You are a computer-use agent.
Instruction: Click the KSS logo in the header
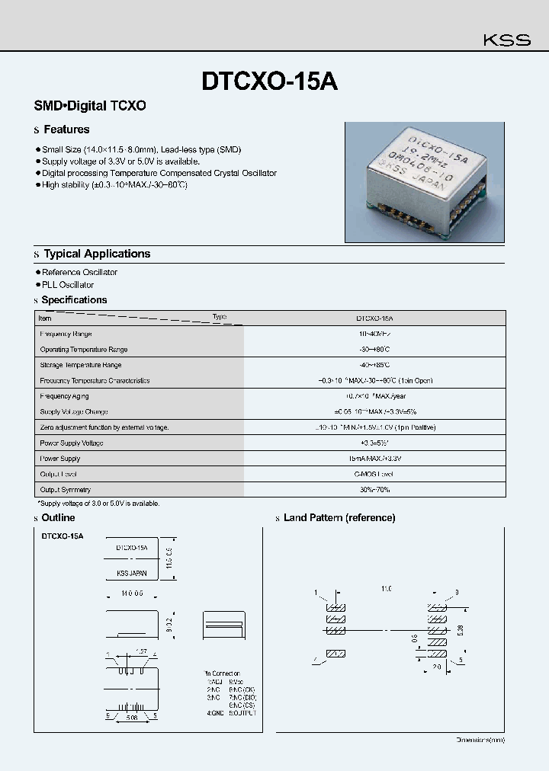(507, 40)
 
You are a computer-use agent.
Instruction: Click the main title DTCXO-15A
(269, 82)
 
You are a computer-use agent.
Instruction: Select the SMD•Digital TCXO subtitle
(90, 106)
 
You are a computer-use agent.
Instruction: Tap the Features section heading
(66, 130)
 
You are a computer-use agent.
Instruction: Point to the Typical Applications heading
(97, 254)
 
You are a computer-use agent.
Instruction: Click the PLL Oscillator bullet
(68, 285)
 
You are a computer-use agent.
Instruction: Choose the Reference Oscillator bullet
(79, 272)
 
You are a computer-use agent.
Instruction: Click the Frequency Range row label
(66, 334)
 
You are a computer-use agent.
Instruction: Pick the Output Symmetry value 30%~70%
(374, 490)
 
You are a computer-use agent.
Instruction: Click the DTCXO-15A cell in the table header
(374, 318)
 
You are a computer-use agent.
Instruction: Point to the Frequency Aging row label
(65, 396)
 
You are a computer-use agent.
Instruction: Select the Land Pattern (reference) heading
(339, 518)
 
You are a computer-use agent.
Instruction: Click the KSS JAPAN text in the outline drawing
(132, 573)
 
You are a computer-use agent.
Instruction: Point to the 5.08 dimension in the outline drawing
(132, 717)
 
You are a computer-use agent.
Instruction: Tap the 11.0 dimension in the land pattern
(386, 589)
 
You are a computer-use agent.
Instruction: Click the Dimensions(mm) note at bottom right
(480, 740)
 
